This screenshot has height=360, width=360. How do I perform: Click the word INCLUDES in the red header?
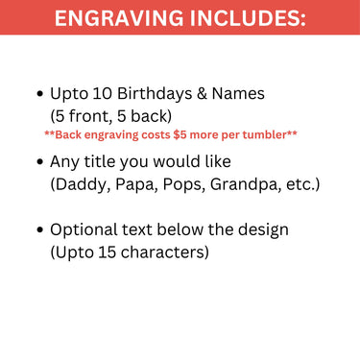tap(244, 18)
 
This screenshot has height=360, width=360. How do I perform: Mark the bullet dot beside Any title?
tap(39, 161)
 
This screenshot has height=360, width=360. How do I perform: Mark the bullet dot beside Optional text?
tap(39, 231)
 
